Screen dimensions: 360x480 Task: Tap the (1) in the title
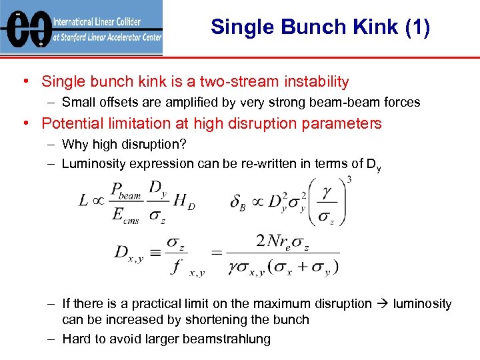(417, 27)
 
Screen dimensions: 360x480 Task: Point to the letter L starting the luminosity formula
(83, 200)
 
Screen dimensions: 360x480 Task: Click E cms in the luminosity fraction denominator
(123, 213)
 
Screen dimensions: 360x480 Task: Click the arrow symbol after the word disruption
(383, 304)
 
